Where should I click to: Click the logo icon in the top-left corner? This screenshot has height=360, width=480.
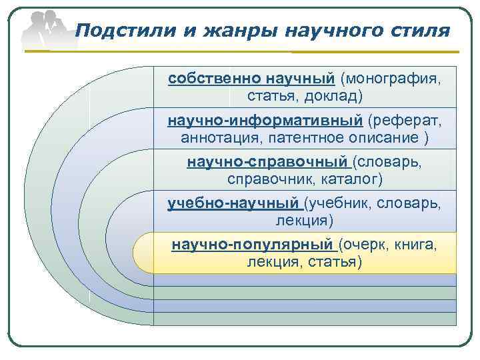click(x=47, y=30)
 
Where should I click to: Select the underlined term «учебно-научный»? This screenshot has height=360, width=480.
click(x=234, y=203)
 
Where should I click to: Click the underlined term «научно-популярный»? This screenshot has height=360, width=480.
click(x=253, y=245)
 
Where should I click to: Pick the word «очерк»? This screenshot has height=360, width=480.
click(x=366, y=245)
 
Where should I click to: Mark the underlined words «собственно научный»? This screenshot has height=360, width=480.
click(x=251, y=79)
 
